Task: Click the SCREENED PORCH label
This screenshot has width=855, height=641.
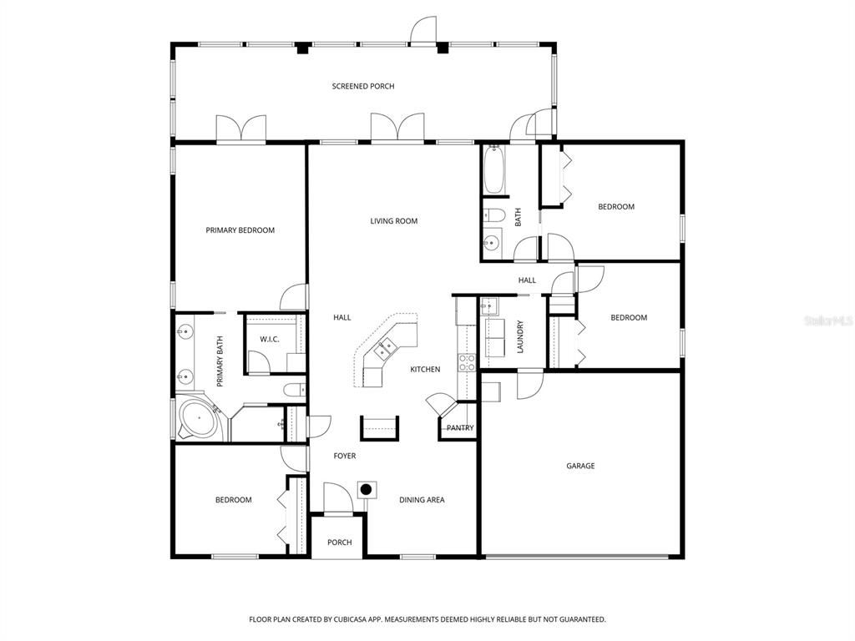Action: click(x=362, y=86)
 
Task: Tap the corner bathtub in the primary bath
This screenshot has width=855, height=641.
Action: click(x=199, y=417)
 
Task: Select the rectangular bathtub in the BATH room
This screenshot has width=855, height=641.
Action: click(x=493, y=171)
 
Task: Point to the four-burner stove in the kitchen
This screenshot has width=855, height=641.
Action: click(x=466, y=361)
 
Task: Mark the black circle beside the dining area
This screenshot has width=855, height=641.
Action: click(x=365, y=489)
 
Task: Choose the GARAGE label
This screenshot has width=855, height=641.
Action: click(x=580, y=466)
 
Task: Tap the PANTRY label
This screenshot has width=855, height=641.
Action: click(x=459, y=428)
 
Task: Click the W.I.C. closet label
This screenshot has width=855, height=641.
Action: click(x=269, y=339)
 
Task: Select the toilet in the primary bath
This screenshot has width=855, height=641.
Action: click(x=293, y=389)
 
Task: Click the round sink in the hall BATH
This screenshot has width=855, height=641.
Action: click(x=492, y=243)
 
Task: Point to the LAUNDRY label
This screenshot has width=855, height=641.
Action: click(x=519, y=336)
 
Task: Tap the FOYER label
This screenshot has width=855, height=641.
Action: click(x=345, y=456)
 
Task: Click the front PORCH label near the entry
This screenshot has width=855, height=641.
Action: click(x=339, y=543)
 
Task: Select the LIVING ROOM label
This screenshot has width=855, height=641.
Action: click(x=393, y=221)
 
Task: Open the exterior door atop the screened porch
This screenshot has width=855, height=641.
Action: click(x=422, y=31)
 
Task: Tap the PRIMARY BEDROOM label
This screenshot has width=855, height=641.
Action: click(x=240, y=230)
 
